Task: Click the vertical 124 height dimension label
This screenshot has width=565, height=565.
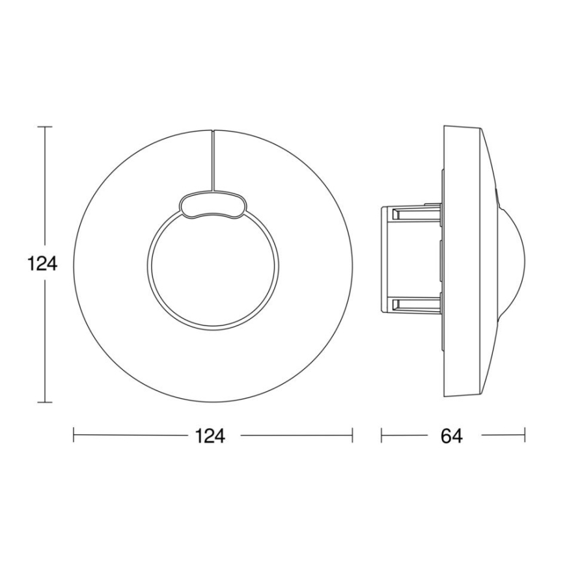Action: point(43,264)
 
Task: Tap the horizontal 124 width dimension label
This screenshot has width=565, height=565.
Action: point(212,435)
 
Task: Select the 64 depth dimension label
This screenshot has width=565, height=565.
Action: point(451,435)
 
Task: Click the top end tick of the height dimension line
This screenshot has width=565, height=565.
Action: point(44,127)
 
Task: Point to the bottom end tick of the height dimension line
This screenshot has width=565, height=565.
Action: point(44,402)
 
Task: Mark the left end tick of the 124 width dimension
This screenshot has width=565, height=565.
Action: point(74,435)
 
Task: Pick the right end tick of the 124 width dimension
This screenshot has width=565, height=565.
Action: point(352,435)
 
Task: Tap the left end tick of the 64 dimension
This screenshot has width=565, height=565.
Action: point(381,435)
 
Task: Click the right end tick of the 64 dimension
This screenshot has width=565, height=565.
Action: point(525,435)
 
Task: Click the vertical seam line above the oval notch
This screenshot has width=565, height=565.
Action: point(212,159)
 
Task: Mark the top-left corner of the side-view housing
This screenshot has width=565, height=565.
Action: point(444,125)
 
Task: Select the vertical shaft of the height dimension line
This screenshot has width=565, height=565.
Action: point(44,195)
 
